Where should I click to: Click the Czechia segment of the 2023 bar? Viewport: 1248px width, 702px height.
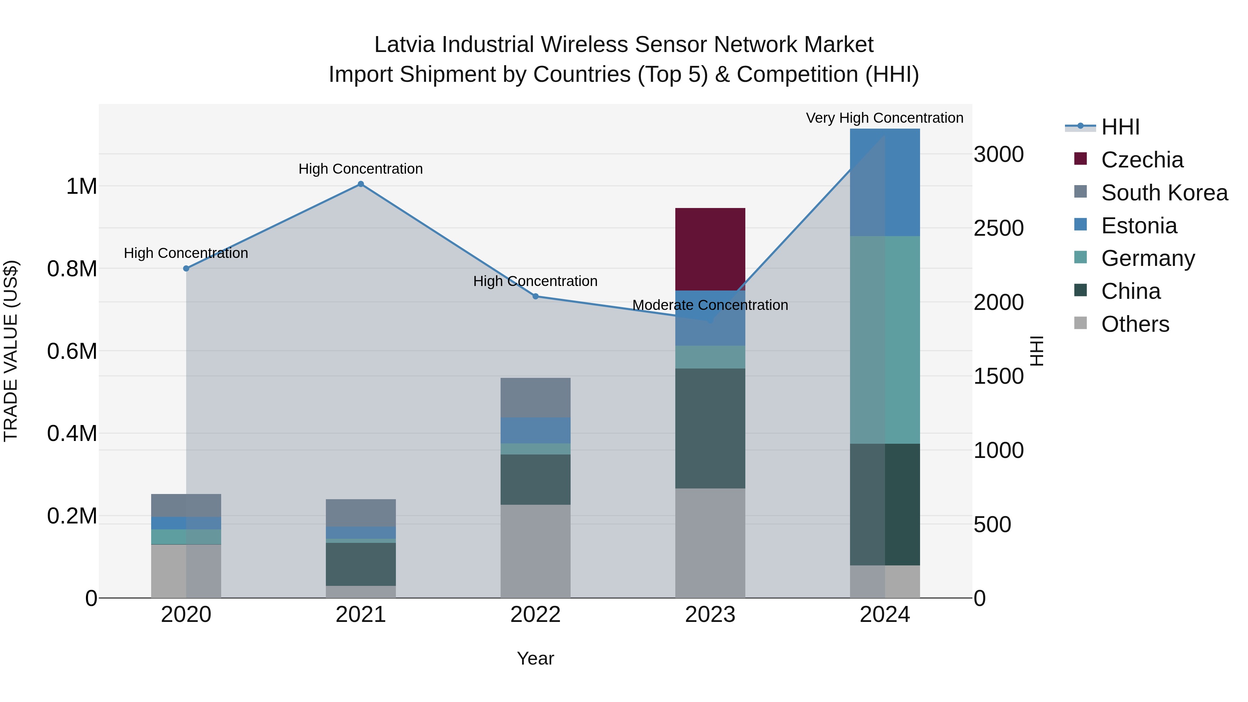click(x=710, y=249)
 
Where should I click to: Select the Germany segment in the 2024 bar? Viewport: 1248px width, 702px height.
click(x=885, y=340)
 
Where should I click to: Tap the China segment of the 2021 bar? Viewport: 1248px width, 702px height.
click(x=361, y=564)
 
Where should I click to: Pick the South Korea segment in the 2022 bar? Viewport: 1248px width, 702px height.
click(x=535, y=397)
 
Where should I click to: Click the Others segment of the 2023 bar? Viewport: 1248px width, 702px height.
click(x=710, y=543)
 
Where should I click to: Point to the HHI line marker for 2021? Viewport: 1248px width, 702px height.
click(x=361, y=184)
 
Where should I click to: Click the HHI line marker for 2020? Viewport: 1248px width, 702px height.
click(x=186, y=268)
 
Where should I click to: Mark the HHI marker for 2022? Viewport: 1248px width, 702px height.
click(x=535, y=296)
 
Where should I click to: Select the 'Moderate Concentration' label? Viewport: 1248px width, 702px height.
click(x=710, y=305)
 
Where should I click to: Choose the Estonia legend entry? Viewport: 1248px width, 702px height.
click(x=1138, y=226)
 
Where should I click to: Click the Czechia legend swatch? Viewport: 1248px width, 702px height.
click(x=1080, y=159)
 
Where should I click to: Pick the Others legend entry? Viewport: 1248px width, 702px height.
click(x=1135, y=324)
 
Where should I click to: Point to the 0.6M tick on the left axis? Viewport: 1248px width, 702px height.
click(x=72, y=351)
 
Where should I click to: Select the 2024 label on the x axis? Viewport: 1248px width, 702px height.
click(x=885, y=615)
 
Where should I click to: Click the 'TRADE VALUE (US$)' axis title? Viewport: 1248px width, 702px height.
click(x=11, y=351)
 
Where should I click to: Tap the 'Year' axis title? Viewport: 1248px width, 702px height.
click(x=535, y=658)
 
